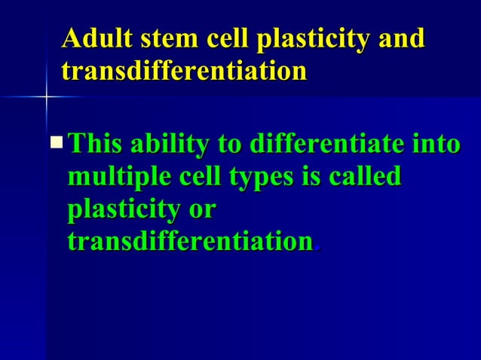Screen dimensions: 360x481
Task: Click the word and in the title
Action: (400, 39)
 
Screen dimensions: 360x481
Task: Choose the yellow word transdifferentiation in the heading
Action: (184, 72)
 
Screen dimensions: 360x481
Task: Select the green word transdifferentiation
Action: (190, 242)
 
